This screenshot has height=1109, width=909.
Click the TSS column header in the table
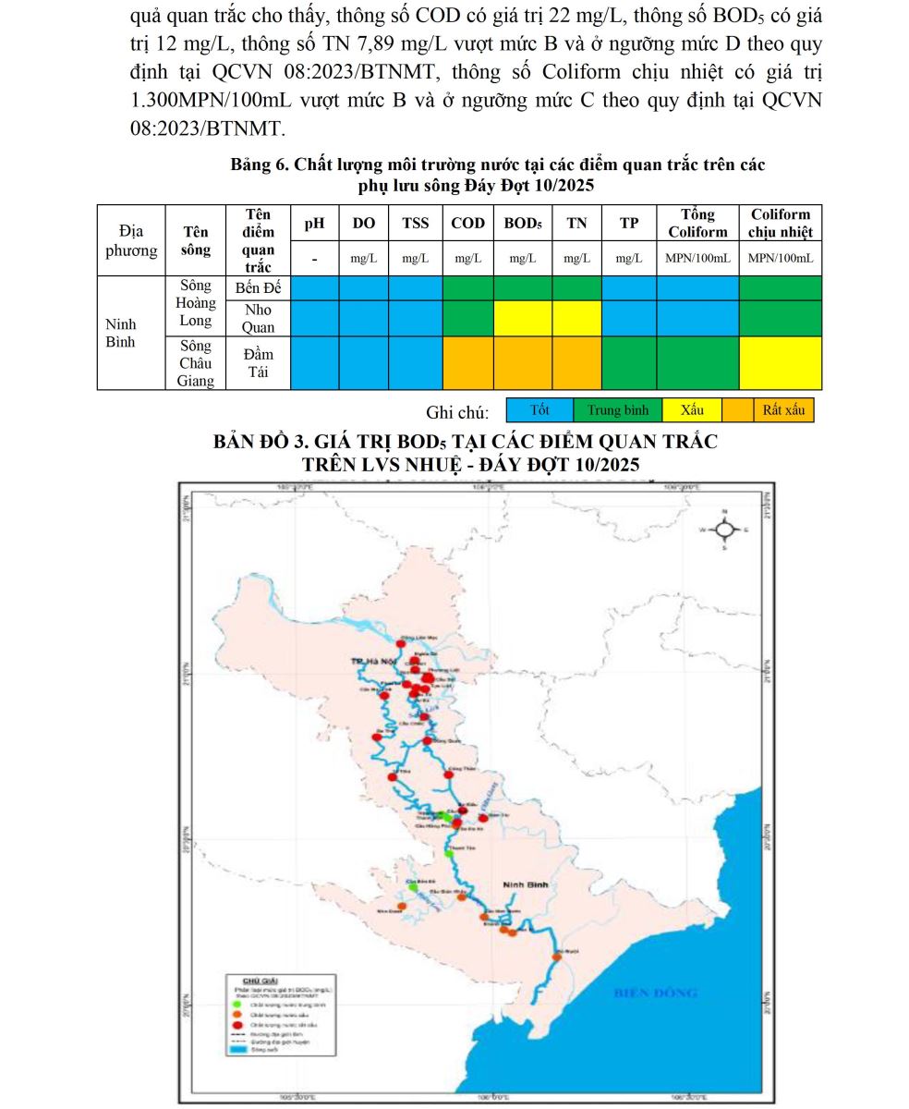[x=415, y=223]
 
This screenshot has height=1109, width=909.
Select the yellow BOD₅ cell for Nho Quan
[x=523, y=318]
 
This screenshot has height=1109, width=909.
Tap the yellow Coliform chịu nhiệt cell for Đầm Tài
[x=781, y=362]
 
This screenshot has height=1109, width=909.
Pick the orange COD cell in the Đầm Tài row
[x=468, y=362]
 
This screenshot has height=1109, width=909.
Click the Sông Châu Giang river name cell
[x=196, y=362]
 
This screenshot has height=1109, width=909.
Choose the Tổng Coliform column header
[x=697, y=223]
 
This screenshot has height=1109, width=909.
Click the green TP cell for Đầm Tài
[x=629, y=362]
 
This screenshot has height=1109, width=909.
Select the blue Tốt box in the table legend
[x=539, y=410]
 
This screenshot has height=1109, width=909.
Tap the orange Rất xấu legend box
[x=782, y=410]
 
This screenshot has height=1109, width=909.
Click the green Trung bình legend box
[x=618, y=410]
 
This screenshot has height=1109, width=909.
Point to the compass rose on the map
[x=725, y=530]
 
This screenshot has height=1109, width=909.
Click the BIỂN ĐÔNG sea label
[x=655, y=993]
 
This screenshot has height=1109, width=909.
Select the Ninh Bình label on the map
[x=526, y=884]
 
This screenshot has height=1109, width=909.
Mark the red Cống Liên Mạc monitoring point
[x=401, y=644]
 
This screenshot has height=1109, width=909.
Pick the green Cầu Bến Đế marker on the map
[x=413, y=887]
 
